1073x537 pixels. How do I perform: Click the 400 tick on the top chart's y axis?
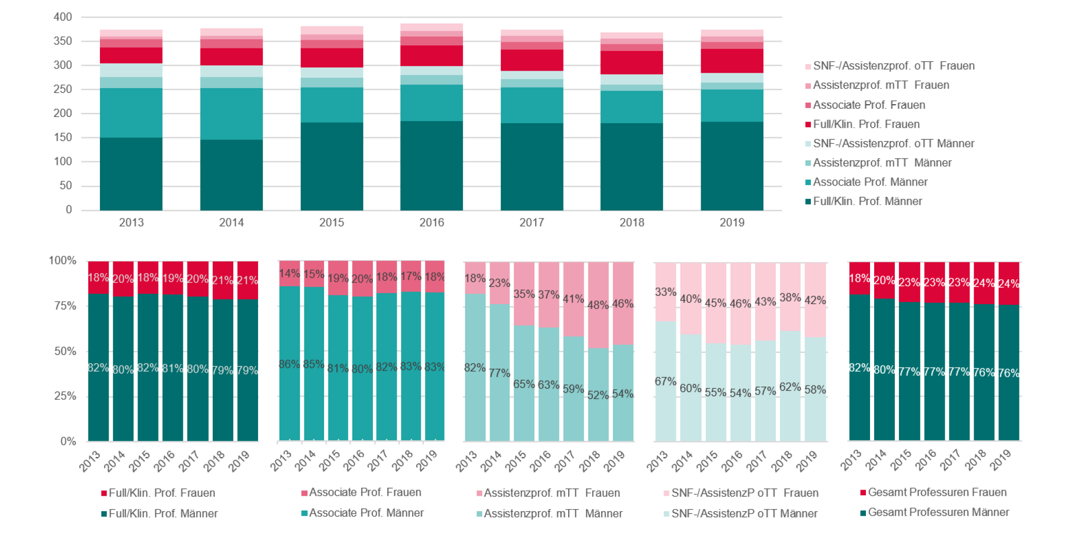(x=62, y=17)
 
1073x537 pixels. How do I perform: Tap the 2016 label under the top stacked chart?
(x=431, y=223)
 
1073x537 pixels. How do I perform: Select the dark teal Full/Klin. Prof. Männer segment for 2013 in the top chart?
(x=131, y=174)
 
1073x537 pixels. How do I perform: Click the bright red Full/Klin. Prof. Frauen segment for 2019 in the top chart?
(x=731, y=61)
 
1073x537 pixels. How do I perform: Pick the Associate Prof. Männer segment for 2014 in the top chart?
(x=231, y=114)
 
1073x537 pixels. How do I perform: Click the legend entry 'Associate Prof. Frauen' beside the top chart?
(x=868, y=105)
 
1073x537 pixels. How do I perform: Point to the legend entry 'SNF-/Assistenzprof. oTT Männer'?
(x=893, y=144)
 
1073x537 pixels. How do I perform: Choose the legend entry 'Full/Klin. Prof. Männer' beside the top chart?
(x=867, y=202)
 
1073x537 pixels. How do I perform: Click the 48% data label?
(x=598, y=305)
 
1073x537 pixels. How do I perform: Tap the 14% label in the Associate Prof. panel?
(x=289, y=274)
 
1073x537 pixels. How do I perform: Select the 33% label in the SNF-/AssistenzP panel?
(x=665, y=292)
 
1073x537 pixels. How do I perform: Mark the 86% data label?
(x=289, y=364)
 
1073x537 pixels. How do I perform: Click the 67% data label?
(x=665, y=381)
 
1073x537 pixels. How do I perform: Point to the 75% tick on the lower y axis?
(x=65, y=306)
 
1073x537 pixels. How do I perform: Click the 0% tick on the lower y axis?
(x=68, y=441)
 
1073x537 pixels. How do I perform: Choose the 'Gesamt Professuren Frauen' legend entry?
(x=936, y=493)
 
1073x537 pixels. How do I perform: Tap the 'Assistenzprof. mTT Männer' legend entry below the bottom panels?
(x=553, y=514)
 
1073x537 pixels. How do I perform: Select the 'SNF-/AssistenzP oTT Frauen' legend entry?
(x=744, y=493)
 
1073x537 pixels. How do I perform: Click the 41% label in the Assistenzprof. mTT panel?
(x=573, y=299)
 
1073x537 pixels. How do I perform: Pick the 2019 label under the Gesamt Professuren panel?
(x=1001, y=460)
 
